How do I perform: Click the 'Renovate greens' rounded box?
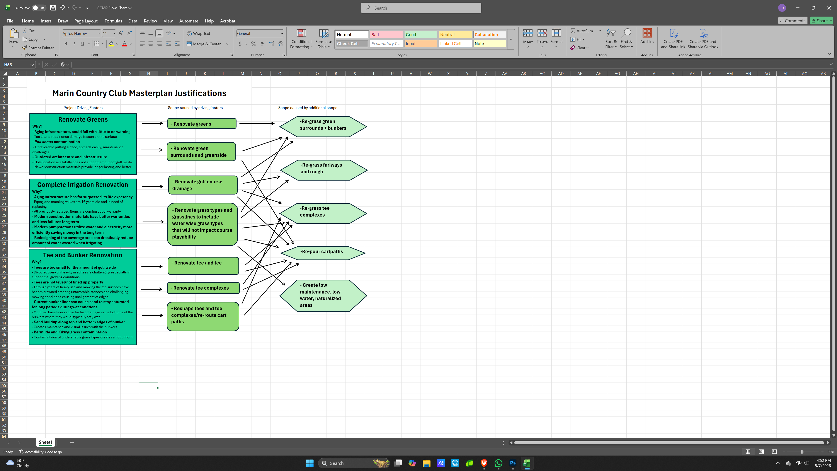tap(202, 123)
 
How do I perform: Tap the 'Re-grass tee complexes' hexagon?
tap(323, 213)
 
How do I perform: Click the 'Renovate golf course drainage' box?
tap(203, 185)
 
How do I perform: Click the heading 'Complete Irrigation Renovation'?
tap(83, 185)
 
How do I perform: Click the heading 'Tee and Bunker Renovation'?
tap(83, 255)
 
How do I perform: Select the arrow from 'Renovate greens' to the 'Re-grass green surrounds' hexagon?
tap(257, 123)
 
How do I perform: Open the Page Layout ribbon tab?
tap(86, 21)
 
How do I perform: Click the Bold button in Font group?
tap(66, 44)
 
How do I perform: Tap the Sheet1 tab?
tap(46, 442)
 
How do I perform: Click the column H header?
tap(148, 73)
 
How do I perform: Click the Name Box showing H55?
tap(19, 65)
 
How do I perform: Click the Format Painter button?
tap(38, 48)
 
